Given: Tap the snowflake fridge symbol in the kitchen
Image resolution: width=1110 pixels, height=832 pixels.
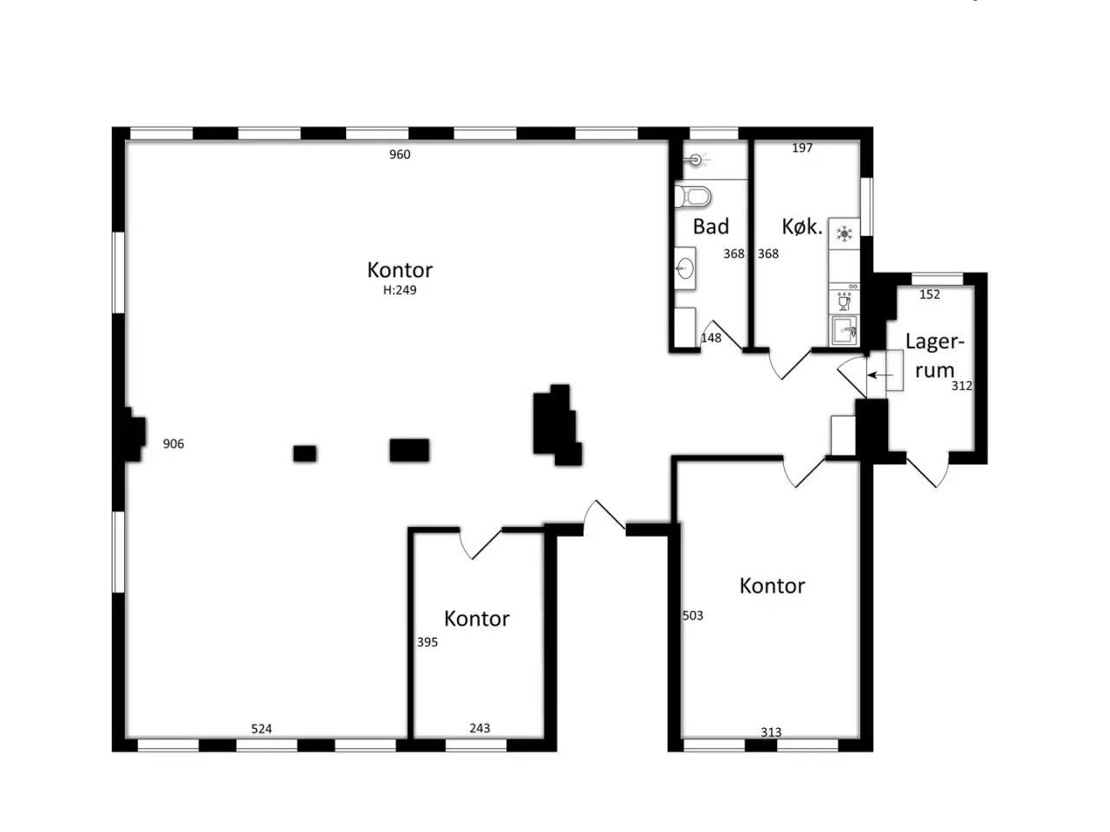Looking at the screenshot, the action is click(x=844, y=234).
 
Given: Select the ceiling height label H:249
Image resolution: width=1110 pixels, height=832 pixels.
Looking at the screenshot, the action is click(x=400, y=290).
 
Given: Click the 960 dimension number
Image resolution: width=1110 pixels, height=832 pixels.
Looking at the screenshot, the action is click(x=400, y=154).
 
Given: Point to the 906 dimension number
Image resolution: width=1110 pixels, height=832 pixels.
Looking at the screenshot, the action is click(x=173, y=444).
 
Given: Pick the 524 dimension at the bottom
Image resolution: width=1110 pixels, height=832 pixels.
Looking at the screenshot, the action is click(x=261, y=729).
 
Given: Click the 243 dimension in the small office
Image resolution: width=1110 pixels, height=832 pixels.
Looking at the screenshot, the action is click(x=480, y=728).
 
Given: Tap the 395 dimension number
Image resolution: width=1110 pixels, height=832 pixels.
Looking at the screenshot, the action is click(x=428, y=642).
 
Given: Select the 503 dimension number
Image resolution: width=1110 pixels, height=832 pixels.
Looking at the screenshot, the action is click(x=693, y=615).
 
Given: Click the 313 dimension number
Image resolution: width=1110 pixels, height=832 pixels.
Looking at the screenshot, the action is click(x=771, y=732).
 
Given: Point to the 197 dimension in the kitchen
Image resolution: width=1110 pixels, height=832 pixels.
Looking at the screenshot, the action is click(x=802, y=148).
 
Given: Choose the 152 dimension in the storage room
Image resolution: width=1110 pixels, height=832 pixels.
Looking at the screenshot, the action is click(x=930, y=295).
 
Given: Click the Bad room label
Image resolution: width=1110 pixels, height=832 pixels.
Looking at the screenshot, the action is click(x=711, y=226).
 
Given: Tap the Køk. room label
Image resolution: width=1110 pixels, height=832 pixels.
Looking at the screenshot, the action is click(x=802, y=227).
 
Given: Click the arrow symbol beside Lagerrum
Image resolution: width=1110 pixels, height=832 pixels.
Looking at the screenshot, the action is click(x=880, y=375).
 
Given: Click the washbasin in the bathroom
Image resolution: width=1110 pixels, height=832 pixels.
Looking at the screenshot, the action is click(x=685, y=269).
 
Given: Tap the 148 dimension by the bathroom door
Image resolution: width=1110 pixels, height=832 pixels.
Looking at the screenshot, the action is click(x=711, y=338).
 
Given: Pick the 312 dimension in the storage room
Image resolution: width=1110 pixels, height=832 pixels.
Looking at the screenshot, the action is click(x=962, y=386).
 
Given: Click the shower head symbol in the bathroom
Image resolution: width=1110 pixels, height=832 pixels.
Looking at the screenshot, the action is click(x=697, y=160).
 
